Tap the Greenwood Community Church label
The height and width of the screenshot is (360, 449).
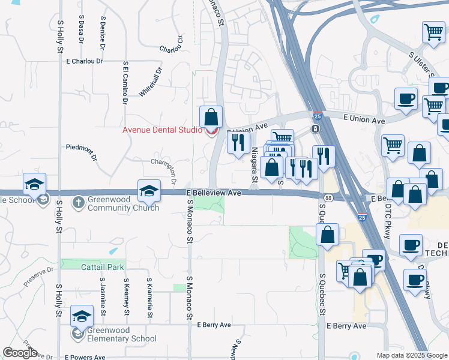click(123, 204)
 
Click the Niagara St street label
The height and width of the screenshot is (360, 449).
click(254, 165)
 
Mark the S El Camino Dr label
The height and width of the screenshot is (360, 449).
click(125, 82)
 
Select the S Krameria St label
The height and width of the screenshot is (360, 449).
click(149, 298)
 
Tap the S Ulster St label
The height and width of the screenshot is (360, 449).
click(421, 64)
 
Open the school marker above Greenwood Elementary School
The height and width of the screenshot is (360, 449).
click(82, 316)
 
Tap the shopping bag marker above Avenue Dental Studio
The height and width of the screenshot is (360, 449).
click(211, 116)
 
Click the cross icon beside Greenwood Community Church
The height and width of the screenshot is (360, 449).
click(79, 202)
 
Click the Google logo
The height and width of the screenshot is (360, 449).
click(20, 353)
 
